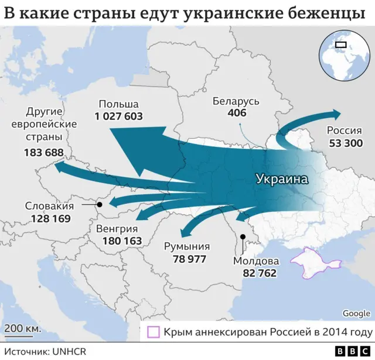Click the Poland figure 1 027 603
pos(118,116)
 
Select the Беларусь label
pos(236,101)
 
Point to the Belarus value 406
pos(237,112)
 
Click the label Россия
pos(344,131)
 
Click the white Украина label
pos(282,180)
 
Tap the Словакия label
pos(49,205)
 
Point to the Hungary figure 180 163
pos(122,241)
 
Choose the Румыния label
pos(187,246)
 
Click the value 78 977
pos(187,258)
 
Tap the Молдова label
pos(256,260)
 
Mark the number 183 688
pos(44,152)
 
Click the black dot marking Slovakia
pos(99,205)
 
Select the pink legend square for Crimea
pos(154,332)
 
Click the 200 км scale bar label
pos(21,328)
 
